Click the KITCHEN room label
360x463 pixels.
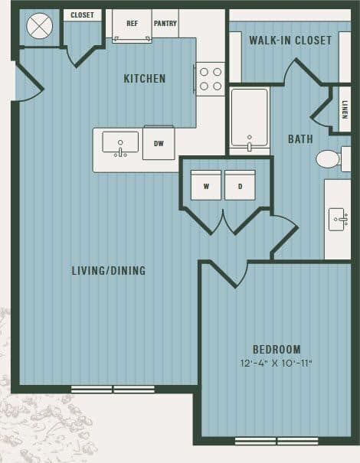coord(144,78)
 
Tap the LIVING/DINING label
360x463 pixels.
coord(108,270)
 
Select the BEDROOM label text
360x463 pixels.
coord(277,349)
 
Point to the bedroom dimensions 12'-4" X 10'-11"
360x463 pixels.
coord(277,363)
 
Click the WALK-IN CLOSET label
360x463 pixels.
coord(291,40)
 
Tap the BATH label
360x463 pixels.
coord(300,139)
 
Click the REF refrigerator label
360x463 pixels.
coord(132,24)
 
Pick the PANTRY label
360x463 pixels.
coord(165,24)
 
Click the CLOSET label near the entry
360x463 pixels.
coord(82,15)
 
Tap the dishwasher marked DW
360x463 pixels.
coord(159,143)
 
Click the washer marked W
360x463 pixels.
coord(206,185)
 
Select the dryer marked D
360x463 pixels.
coord(240,185)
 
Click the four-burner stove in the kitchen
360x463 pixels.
coord(211,78)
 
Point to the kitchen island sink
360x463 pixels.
coord(120,142)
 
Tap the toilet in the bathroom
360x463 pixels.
coord(329,158)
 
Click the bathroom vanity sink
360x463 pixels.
coord(338,218)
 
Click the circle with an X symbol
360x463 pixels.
coord(39,26)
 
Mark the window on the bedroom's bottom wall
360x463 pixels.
coord(277,441)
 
